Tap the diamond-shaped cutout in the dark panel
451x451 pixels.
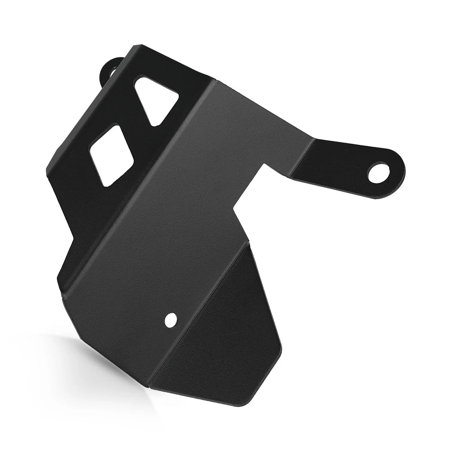[111, 155]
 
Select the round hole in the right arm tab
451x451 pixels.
[378, 173]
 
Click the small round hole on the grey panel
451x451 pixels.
[170, 320]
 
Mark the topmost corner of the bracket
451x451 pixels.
[135, 46]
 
